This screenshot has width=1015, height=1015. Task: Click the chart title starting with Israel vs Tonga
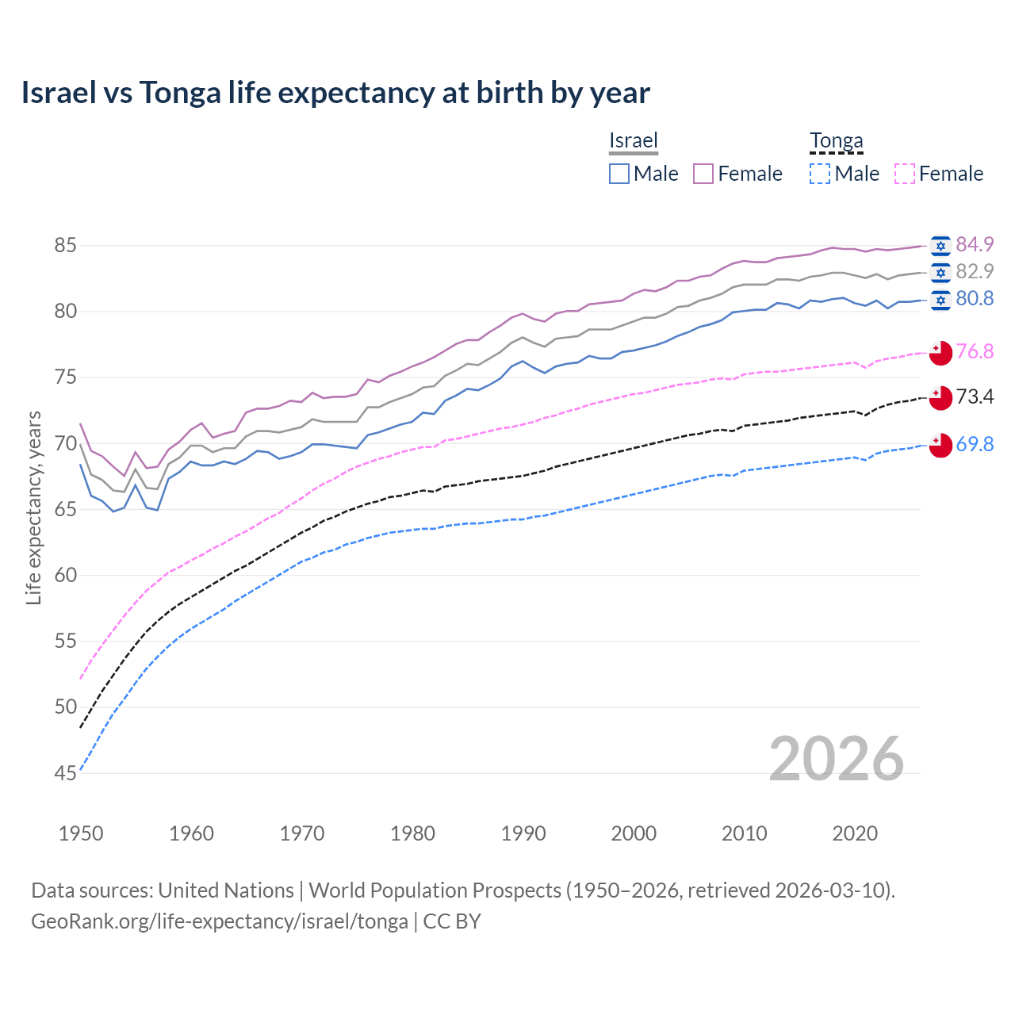(x=335, y=93)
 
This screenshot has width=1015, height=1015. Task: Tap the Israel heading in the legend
(x=633, y=141)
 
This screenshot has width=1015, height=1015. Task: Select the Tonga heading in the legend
(x=836, y=141)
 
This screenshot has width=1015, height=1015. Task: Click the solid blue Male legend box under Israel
(x=619, y=174)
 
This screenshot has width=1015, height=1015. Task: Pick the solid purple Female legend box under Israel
(x=703, y=174)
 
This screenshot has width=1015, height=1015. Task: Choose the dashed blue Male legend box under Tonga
(x=820, y=174)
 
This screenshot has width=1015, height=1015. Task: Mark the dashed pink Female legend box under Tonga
(x=904, y=174)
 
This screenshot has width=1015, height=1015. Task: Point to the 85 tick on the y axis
(x=65, y=246)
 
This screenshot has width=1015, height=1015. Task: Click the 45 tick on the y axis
(x=65, y=773)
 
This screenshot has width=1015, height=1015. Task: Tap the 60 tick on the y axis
(x=65, y=575)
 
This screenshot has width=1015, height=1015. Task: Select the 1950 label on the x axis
(x=81, y=833)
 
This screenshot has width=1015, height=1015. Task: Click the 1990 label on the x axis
(x=523, y=833)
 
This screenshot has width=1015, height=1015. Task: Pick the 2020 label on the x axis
(x=855, y=833)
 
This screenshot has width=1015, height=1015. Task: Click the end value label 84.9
(x=975, y=244)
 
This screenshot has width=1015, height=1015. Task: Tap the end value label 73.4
(x=975, y=396)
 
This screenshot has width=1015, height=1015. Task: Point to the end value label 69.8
(x=975, y=444)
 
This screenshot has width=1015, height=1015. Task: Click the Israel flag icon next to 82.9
(x=940, y=273)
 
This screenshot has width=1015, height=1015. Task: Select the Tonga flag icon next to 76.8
(x=940, y=353)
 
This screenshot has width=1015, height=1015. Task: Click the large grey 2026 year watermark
(x=836, y=759)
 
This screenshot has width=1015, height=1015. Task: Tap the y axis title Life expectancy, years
(x=33, y=507)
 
